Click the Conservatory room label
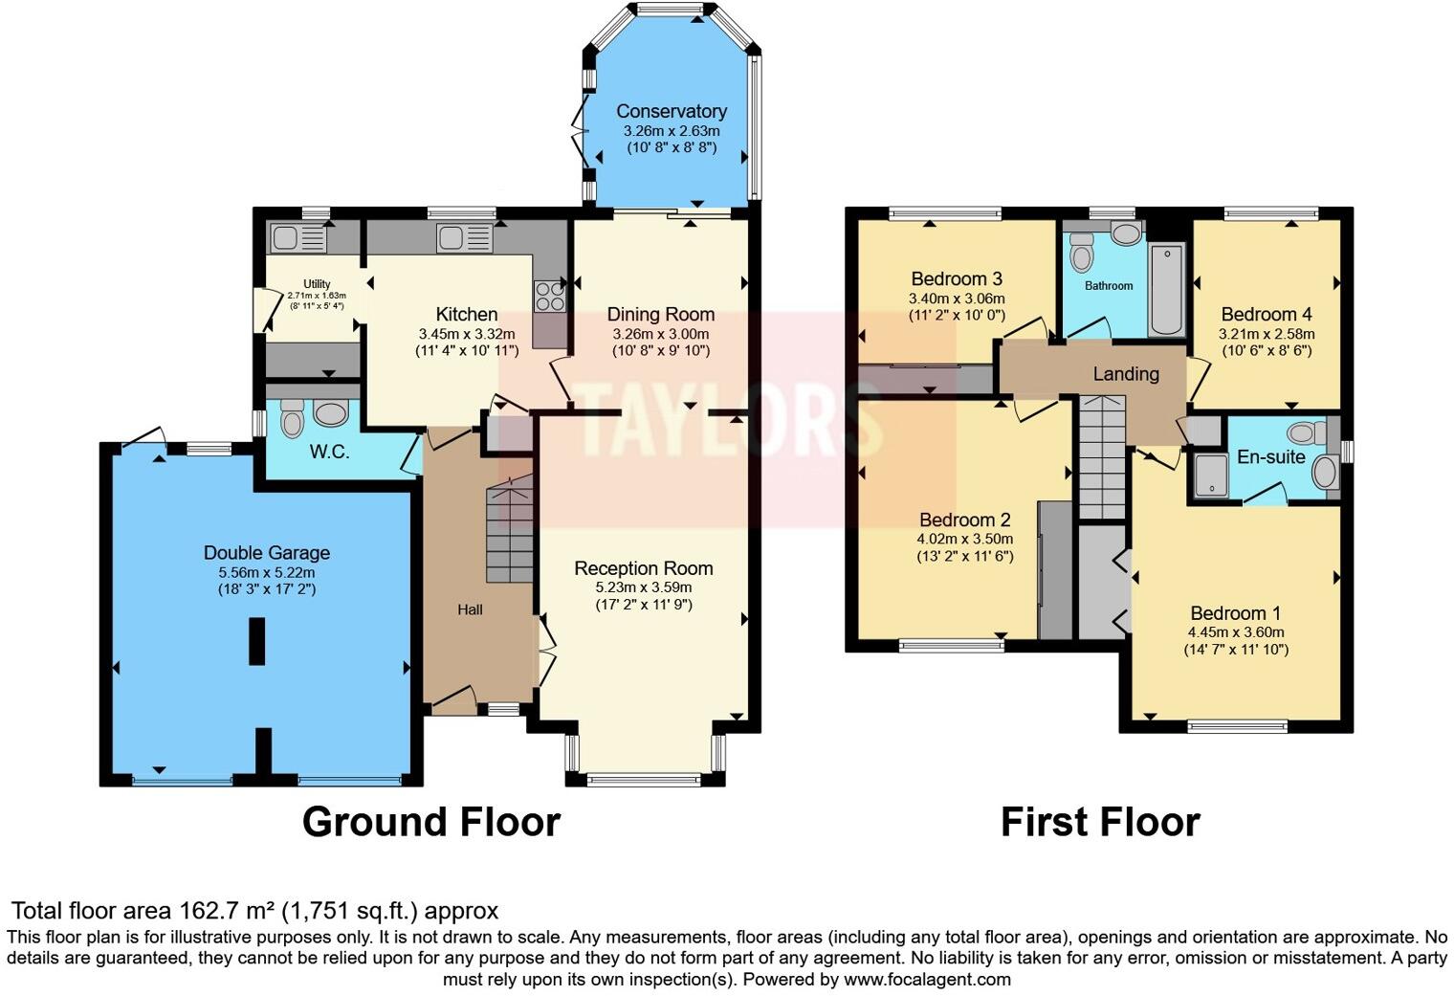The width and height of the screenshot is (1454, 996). point(671,111)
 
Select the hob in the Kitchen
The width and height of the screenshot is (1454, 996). point(549,296)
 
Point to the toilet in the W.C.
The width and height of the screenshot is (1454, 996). point(292,418)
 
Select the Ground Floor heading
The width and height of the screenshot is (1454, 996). point(430,822)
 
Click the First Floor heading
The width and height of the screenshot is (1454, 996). point(1100,822)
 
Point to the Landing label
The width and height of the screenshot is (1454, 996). point(1126,374)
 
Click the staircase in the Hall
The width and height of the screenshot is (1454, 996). point(510,531)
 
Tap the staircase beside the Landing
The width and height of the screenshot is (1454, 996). point(1103,457)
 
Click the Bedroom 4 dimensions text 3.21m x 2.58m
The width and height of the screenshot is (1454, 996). point(1266,334)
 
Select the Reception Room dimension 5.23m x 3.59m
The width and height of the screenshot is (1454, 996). point(643,587)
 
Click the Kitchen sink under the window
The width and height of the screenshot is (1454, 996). point(464,237)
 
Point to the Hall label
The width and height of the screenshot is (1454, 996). point(470,609)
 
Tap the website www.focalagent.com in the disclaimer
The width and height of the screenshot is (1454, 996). point(926,979)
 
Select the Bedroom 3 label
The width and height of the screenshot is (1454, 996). point(957,279)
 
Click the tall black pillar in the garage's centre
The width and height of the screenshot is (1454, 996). point(256,641)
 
